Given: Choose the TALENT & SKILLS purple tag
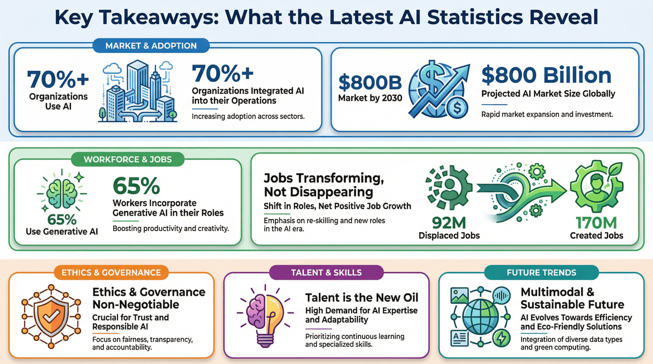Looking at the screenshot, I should tap(326, 272).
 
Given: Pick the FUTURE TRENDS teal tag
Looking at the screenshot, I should tap(541, 272).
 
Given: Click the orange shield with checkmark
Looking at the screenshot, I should tap(52, 310).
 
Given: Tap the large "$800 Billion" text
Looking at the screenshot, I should tap(546, 75).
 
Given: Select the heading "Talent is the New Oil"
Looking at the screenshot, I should tap(361, 297).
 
